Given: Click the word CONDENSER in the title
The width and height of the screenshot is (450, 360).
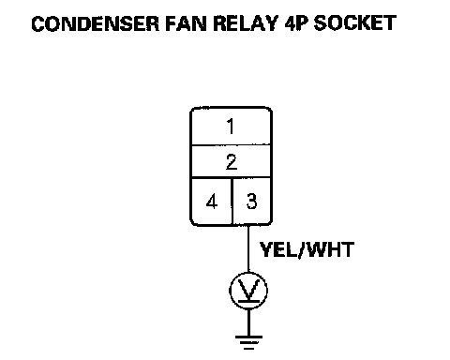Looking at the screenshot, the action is click(96, 23).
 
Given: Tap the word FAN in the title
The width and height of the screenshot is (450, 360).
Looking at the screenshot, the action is click(186, 23).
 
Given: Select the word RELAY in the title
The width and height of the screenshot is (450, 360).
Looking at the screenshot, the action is click(246, 23).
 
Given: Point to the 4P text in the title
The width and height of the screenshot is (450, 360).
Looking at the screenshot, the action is click(296, 23).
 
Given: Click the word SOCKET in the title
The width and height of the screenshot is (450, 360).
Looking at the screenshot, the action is click(355, 23).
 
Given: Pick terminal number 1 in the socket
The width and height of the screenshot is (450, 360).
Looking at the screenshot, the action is click(231, 127).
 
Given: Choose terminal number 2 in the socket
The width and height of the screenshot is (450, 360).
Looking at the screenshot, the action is click(232, 162).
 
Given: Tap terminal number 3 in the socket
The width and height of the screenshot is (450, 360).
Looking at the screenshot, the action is click(251, 202).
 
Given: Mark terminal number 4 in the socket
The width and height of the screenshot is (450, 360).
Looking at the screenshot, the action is click(212, 202).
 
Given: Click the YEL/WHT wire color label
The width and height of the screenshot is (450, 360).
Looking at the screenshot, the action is click(307, 249).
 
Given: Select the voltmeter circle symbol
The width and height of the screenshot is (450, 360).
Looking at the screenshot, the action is click(248, 291).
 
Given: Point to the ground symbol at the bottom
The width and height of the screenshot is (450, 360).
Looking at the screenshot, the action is click(248, 342).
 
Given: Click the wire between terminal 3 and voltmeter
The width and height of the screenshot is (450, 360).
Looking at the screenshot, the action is click(248, 248).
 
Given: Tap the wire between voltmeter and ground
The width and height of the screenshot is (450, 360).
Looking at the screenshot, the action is click(248, 322).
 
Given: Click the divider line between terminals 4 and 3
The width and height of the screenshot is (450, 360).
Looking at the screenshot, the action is click(232, 202).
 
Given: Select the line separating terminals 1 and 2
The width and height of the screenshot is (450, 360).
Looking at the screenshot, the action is click(232, 144).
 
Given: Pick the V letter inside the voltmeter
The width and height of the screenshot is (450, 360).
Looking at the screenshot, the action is click(248, 289).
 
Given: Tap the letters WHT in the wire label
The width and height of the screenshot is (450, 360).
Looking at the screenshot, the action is click(330, 249).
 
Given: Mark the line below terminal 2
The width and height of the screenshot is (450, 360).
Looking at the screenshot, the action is click(232, 177).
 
